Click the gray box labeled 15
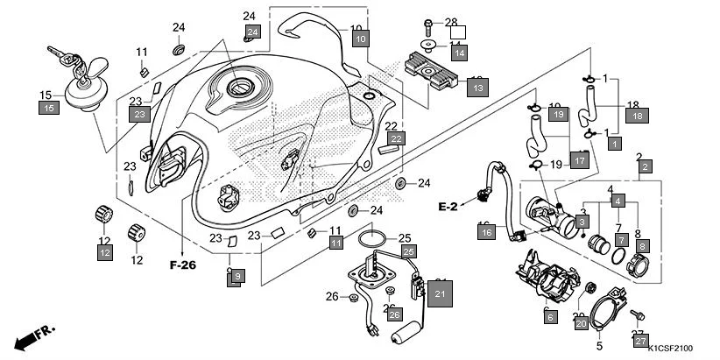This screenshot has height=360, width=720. (48, 108)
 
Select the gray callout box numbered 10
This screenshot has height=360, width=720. (361, 39)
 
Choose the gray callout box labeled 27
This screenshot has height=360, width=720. (640, 341)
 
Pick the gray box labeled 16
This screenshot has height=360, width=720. (486, 232)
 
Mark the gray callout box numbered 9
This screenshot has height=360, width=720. (236, 276)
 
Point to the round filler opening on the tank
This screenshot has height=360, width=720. (238, 88)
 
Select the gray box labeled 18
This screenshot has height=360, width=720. (638, 115)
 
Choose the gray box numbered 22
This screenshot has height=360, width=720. (397, 138)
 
